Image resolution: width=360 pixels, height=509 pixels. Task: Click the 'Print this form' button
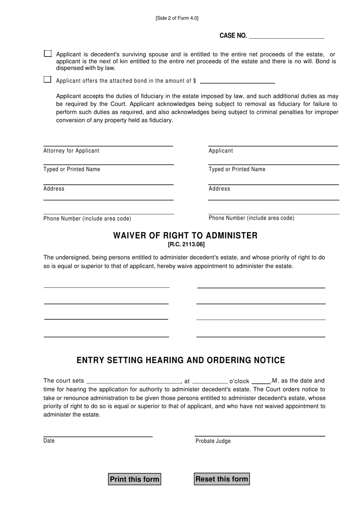click(135, 479)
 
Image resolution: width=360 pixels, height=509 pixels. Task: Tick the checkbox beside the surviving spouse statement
click(48, 53)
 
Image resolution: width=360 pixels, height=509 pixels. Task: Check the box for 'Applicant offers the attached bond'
click(47, 80)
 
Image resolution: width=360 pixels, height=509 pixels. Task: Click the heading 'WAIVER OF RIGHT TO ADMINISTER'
click(185, 236)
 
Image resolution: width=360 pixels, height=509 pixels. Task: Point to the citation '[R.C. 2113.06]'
click(186, 245)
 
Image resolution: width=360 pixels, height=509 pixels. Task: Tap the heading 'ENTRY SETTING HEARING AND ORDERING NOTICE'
click(181, 360)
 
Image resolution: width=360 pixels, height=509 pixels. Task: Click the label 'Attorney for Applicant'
click(71, 151)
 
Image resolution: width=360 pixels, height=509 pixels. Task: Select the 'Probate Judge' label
click(213, 441)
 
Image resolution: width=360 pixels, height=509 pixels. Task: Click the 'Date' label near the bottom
click(49, 441)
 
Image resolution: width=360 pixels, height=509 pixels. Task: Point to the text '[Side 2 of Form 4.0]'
click(177, 18)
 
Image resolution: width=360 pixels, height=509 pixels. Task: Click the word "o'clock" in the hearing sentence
click(239, 381)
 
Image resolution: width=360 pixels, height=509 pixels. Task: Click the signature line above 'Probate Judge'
click(260, 436)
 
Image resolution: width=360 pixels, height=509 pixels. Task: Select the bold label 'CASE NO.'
click(233, 36)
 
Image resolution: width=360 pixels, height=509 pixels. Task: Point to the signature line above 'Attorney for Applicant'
click(108, 146)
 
